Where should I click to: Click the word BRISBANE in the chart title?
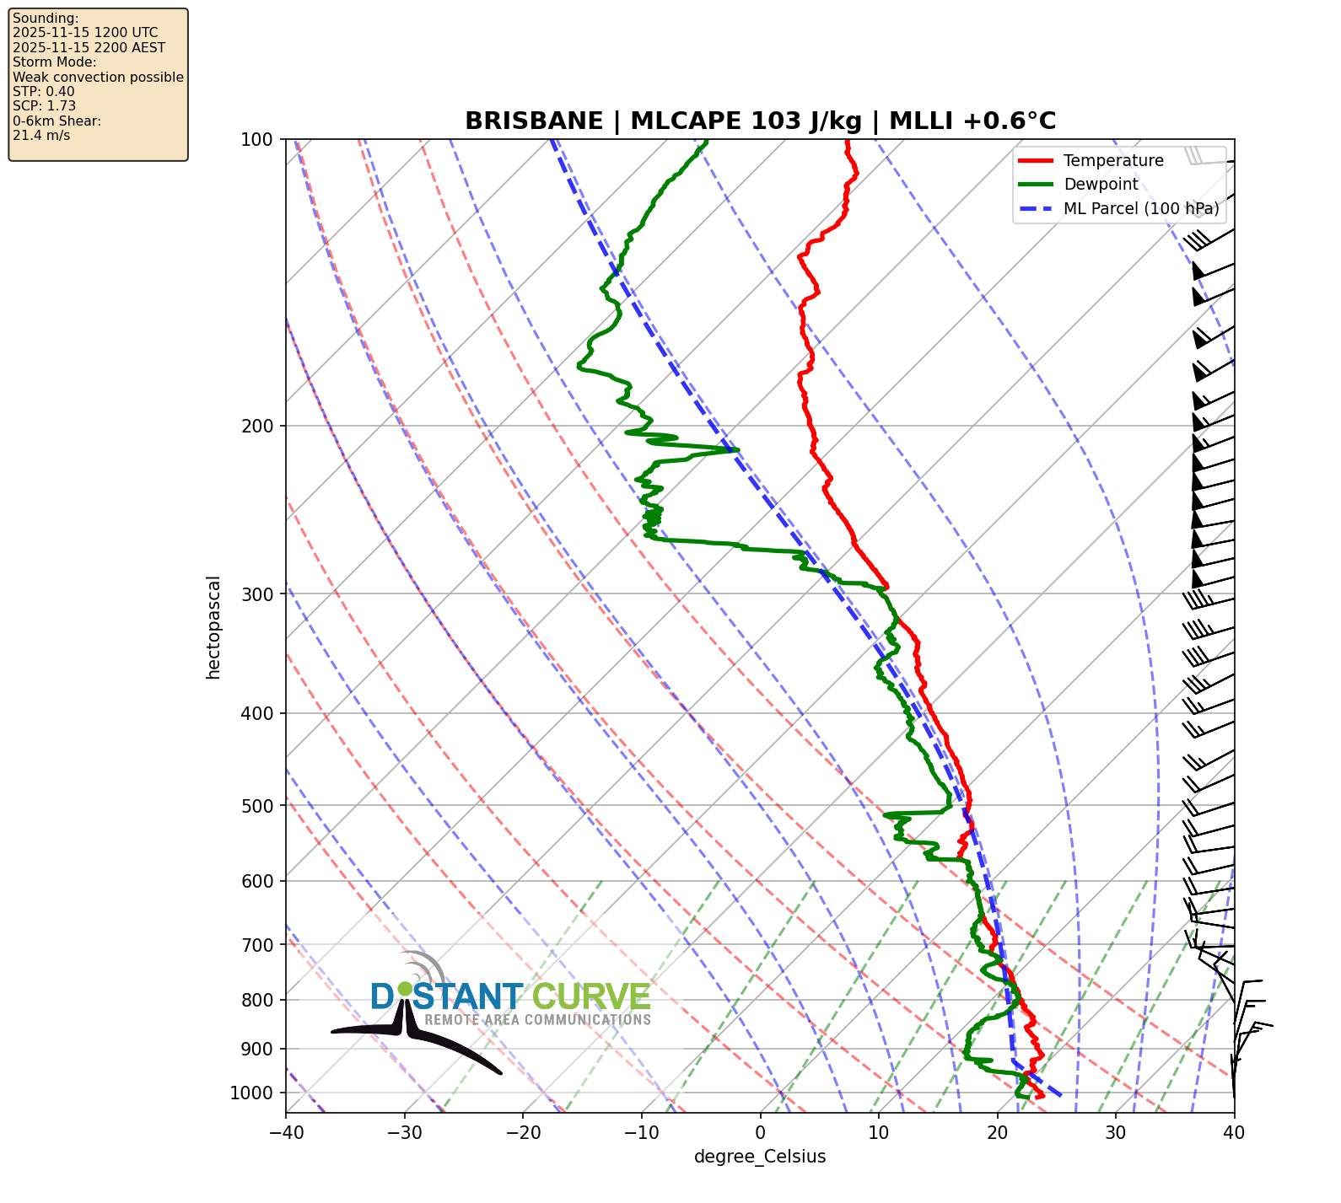[534, 121]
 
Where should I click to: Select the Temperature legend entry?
[1113, 161]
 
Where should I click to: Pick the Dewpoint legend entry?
[1101, 185]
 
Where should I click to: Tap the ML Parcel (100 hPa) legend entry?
[1141, 208]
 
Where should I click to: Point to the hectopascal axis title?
[213, 627]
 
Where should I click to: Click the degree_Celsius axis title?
[760, 1157]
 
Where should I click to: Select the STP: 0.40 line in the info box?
[44, 91]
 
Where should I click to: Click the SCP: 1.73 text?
[45, 106]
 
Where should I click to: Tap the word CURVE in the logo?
[591, 997]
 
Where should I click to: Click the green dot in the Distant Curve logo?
[406, 988]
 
